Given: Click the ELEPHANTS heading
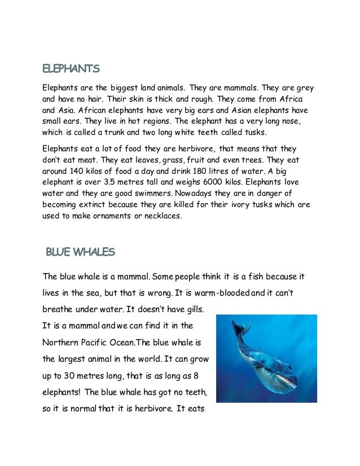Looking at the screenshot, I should (x=72, y=69).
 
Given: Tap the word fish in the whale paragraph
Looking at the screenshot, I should (x=258, y=276).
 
